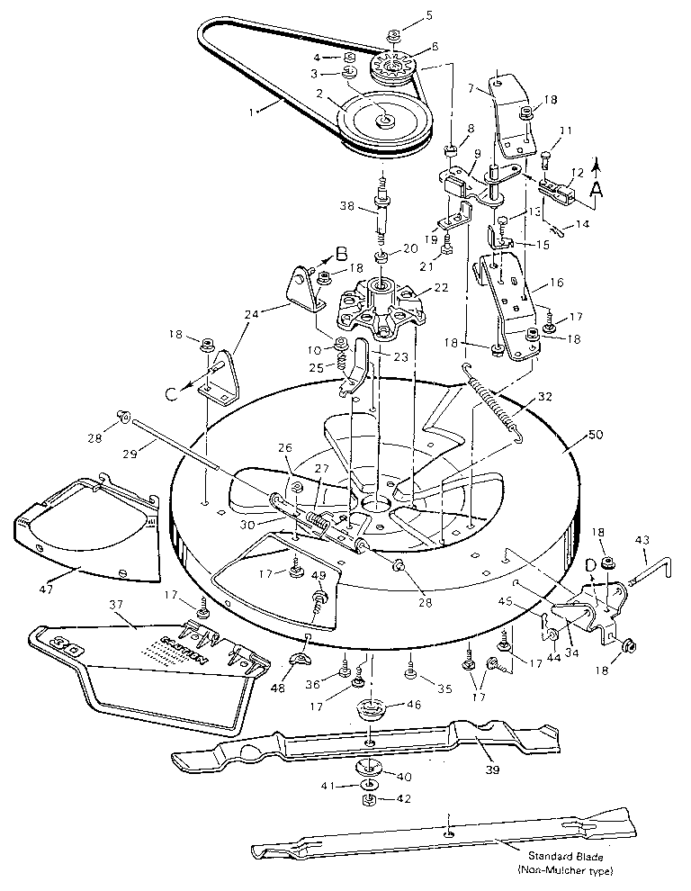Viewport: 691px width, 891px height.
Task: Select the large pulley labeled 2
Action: (384, 118)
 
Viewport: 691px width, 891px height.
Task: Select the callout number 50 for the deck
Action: (573, 435)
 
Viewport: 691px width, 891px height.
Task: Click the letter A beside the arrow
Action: (596, 191)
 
